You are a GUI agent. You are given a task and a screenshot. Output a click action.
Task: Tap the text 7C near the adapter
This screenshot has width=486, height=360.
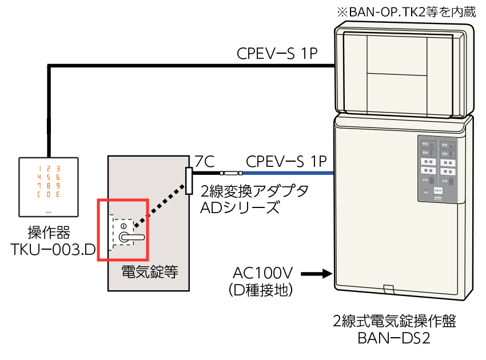tap(204, 162)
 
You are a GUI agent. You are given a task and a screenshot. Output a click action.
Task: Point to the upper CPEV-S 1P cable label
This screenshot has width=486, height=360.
tap(277, 54)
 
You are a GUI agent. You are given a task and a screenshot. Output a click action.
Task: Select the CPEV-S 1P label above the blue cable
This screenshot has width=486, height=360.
tap(286, 160)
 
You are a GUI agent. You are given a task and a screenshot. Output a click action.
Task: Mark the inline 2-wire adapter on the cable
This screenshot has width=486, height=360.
tap(232, 173)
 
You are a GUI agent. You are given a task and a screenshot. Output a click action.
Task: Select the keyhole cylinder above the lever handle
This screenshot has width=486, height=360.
tap(122, 226)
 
